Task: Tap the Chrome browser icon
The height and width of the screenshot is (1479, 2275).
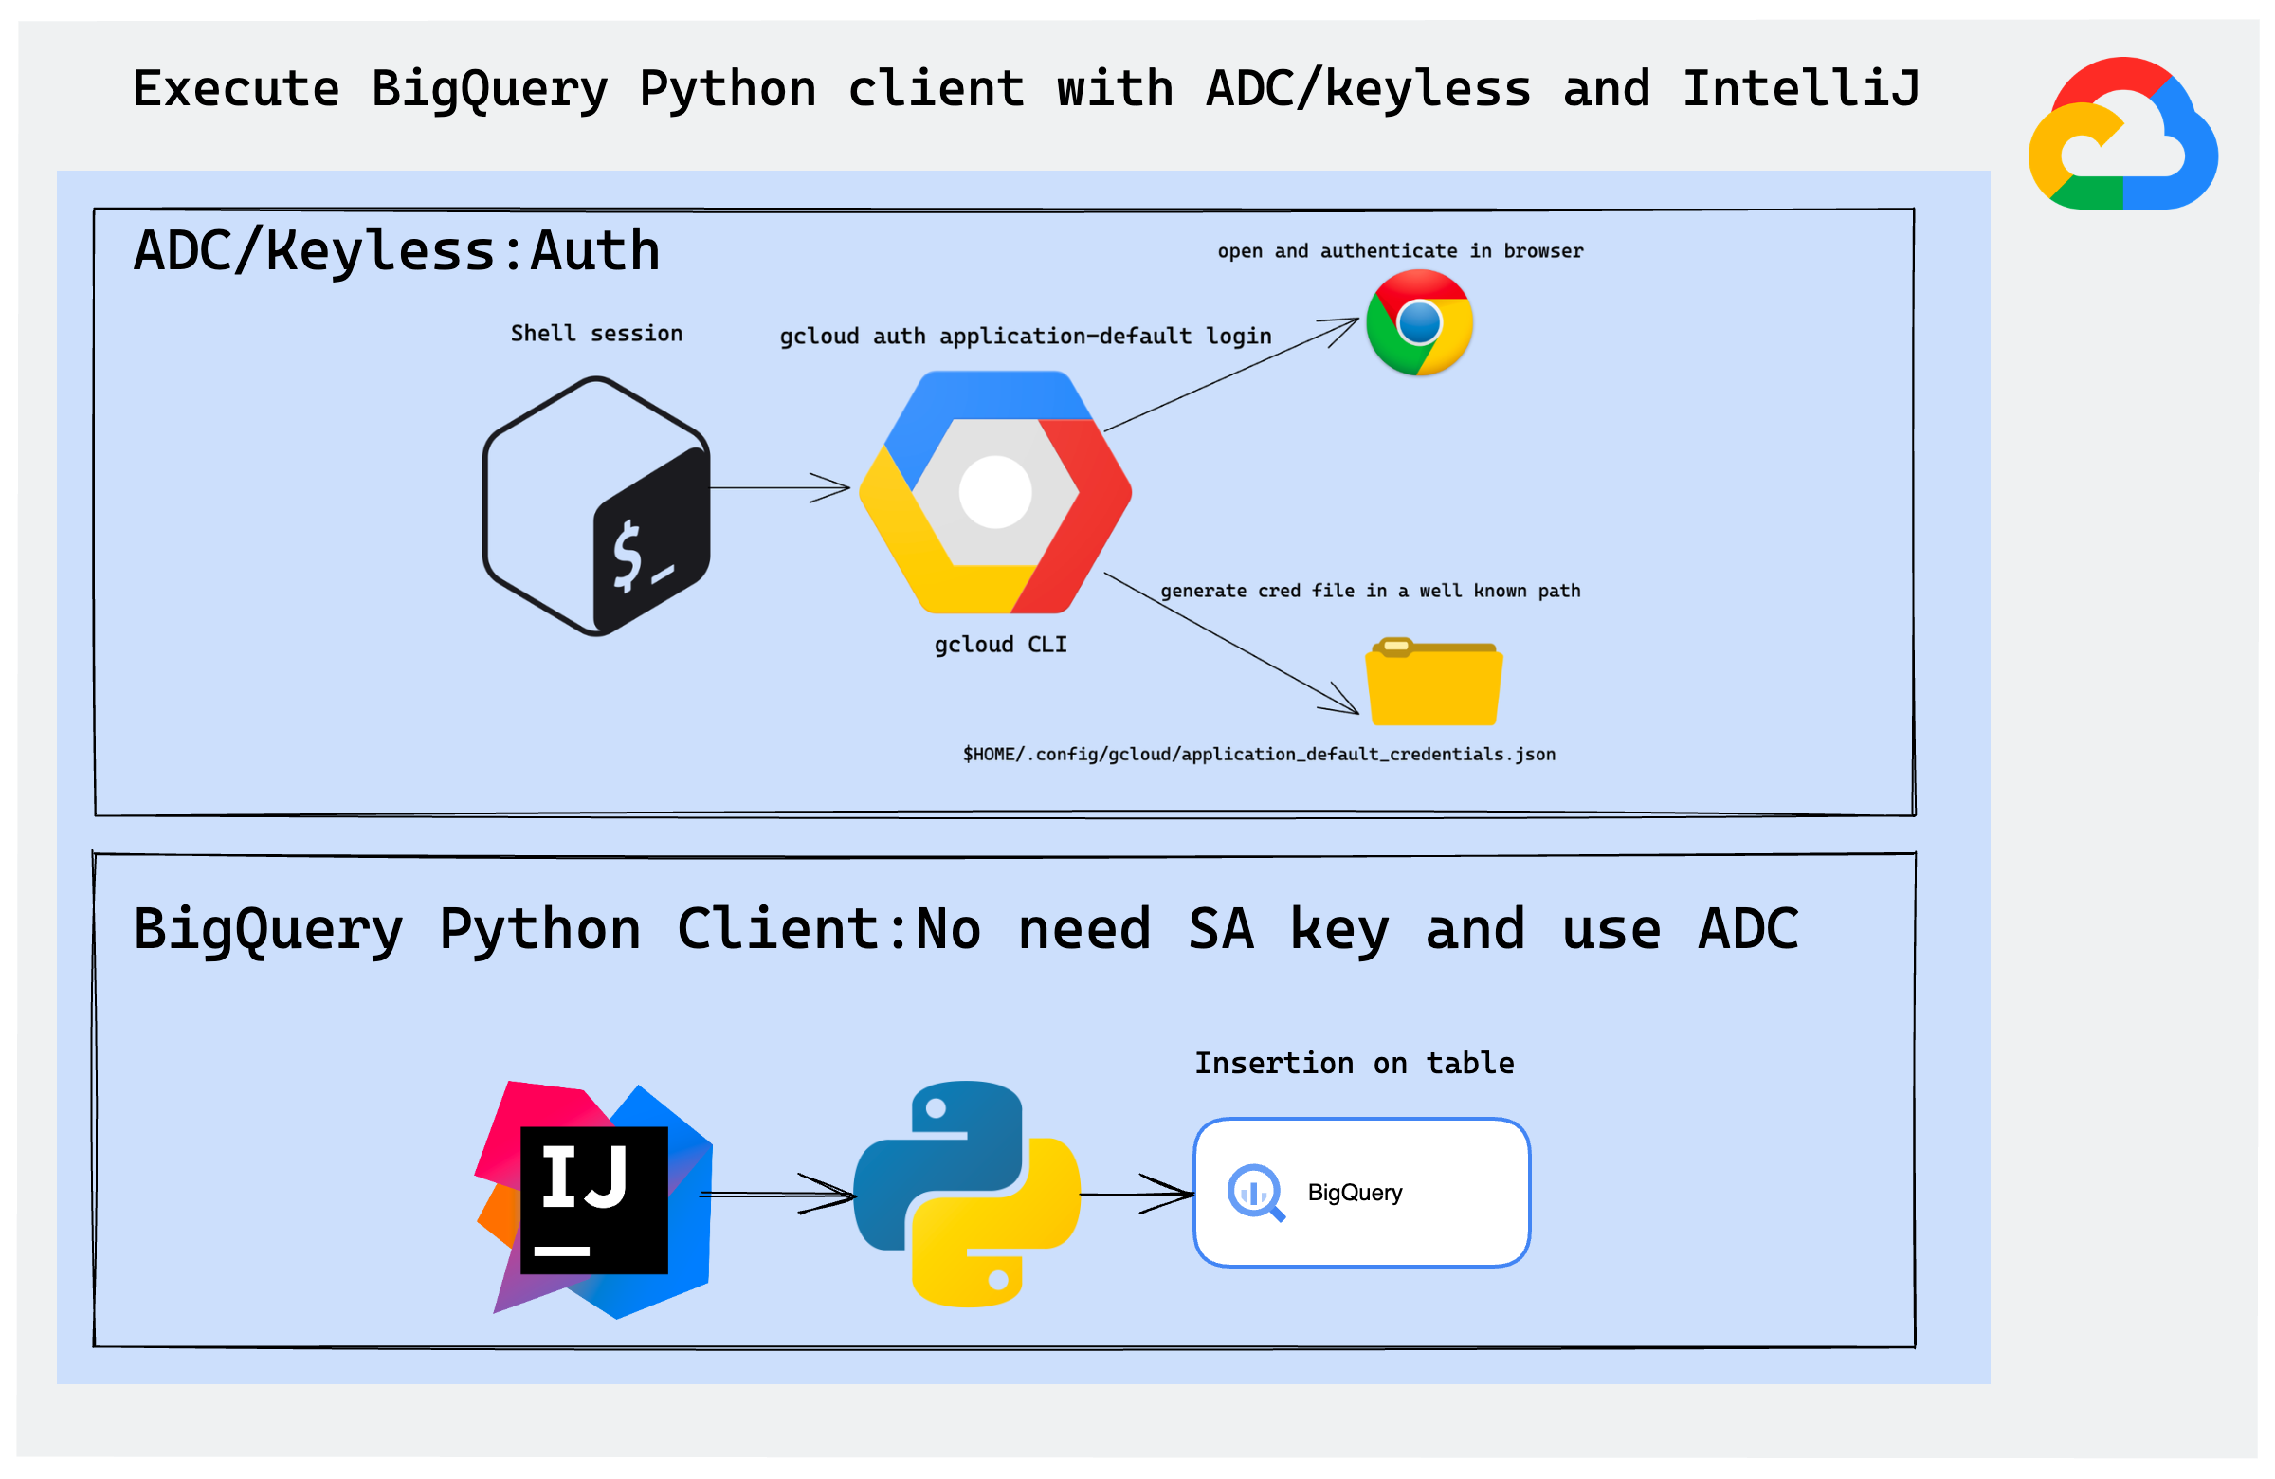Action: (x=1418, y=322)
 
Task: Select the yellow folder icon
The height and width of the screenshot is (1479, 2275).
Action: (x=1433, y=682)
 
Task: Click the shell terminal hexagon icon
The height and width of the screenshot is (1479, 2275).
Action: (x=596, y=505)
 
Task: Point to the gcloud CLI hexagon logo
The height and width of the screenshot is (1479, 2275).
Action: (x=995, y=491)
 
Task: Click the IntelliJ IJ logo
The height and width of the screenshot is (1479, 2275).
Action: (x=593, y=1200)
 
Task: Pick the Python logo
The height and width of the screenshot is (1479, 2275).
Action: (x=966, y=1193)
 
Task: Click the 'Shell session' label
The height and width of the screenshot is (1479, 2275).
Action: (x=596, y=333)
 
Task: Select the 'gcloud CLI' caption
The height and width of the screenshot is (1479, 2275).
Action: (x=1000, y=645)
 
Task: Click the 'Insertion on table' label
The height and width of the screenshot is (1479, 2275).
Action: (x=1354, y=1063)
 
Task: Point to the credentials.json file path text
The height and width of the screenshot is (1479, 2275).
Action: (x=1258, y=755)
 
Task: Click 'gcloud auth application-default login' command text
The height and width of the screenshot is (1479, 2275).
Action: (x=1025, y=336)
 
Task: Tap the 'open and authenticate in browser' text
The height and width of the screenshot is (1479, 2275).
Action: (x=1399, y=250)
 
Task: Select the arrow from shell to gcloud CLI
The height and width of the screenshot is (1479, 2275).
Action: (x=779, y=487)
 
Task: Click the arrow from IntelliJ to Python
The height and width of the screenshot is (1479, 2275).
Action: (x=779, y=1194)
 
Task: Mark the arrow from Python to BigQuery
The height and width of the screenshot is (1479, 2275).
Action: (x=1137, y=1194)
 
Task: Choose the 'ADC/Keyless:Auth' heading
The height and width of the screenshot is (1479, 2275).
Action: (x=395, y=250)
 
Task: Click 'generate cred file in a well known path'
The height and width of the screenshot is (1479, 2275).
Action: (x=1370, y=591)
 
